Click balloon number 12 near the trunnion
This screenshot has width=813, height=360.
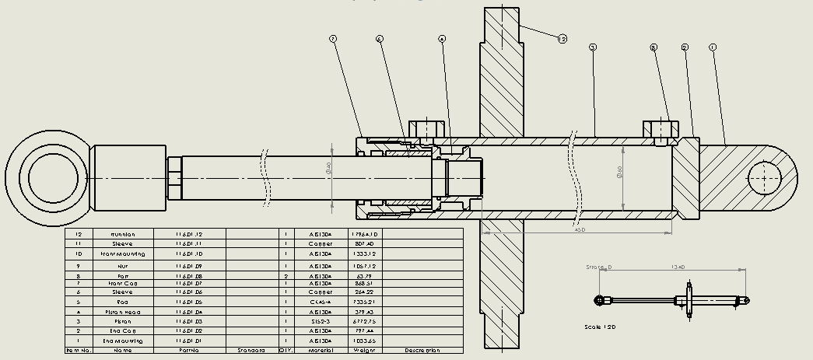click(562, 37)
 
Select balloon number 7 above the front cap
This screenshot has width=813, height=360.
click(333, 38)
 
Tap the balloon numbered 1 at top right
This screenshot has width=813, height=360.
click(713, 47)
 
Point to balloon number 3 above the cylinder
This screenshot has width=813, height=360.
click(593, 47)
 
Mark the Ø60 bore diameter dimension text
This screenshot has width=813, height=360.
click(619, 172)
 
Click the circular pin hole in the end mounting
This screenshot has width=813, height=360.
click(765, 179)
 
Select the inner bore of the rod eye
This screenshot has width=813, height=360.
click(46, 177)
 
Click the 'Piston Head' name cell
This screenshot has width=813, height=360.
click(122, 312)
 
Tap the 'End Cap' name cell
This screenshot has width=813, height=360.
click(122, 331)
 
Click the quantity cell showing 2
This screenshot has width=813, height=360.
click(286, 276)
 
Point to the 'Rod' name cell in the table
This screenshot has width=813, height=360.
click(122, 302)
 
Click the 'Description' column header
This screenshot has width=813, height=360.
click(422, 351)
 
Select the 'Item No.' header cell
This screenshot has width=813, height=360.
click(78, 351)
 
